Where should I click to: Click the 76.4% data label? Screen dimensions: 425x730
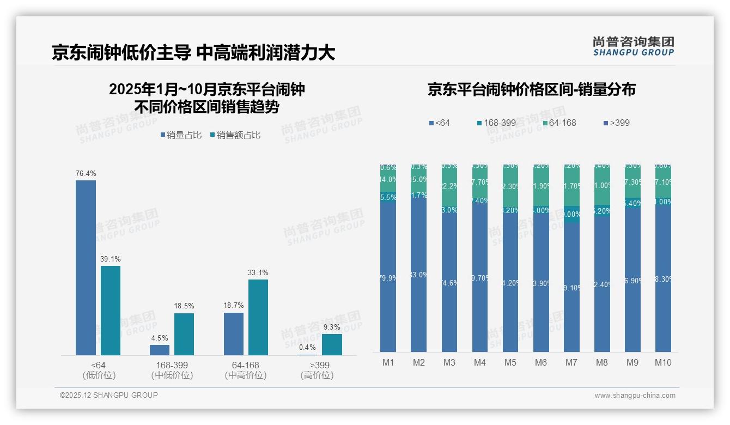86,173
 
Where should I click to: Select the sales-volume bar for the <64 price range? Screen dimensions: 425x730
86,268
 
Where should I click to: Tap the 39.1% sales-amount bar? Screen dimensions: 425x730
111,311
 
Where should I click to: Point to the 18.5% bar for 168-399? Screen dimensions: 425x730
184,334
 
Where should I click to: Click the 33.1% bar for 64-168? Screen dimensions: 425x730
258,317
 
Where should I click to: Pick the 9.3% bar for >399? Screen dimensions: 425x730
332,344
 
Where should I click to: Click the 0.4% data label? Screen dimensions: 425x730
307,347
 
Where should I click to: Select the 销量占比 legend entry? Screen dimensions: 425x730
181,135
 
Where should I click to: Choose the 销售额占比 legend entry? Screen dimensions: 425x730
235,135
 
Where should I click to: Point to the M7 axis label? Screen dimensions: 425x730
571,363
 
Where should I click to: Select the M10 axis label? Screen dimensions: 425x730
663,363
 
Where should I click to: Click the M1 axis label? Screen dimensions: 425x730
388,363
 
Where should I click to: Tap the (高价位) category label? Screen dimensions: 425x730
317,375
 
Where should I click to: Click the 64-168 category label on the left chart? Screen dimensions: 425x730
245,365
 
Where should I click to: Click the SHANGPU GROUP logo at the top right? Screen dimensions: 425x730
633,46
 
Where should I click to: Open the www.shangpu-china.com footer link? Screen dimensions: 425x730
635,396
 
